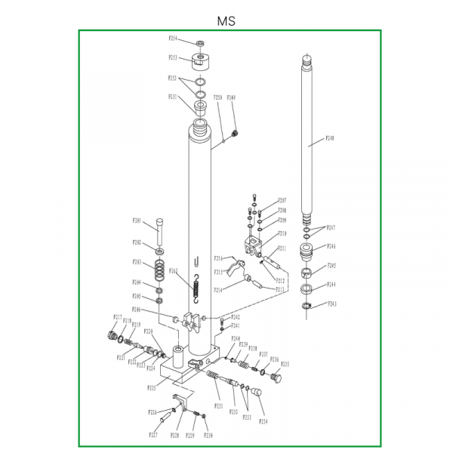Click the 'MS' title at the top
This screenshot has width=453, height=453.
point(226,21)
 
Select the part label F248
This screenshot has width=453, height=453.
point(330,138)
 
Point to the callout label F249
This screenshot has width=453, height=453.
point(231,97)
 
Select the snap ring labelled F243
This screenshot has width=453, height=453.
point(307,305)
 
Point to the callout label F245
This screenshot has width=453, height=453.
point(331,266)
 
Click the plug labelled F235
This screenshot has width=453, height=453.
point(275,374)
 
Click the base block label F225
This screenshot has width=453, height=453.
point(151,388)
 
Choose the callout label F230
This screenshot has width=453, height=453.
point(208,436)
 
